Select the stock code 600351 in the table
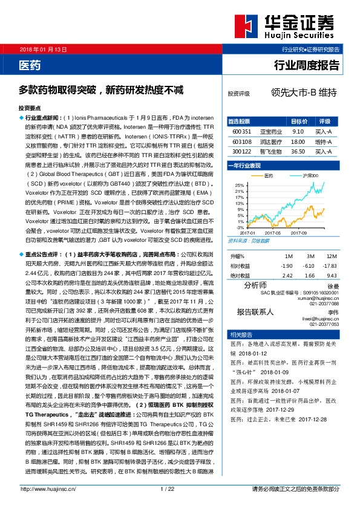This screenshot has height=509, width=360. coord(241,131)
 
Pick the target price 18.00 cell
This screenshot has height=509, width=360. coord(297,141)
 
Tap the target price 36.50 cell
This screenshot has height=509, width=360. coord(297,151)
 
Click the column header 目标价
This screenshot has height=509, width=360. coord(297,121)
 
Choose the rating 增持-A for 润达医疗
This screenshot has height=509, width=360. coord(324,141)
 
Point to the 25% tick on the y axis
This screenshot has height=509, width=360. coord(240,184)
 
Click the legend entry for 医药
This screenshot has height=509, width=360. coord(266,175)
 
